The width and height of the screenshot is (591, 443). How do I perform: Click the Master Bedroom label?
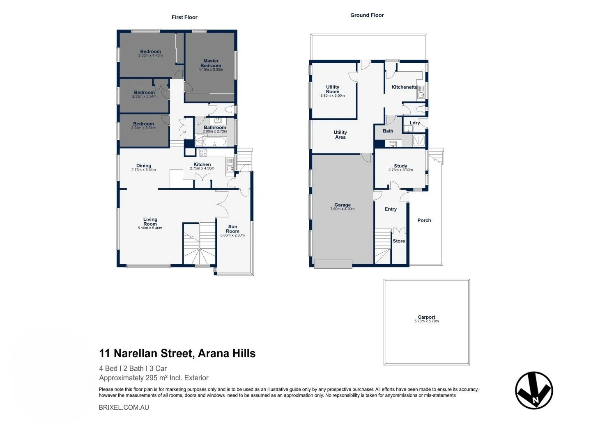(x=211, y=63)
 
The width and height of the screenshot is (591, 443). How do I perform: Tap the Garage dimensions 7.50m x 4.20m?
(x=342, y=209)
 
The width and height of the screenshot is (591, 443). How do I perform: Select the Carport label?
(x=426, y=317)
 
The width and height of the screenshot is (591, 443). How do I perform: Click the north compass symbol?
(x=534, y=390)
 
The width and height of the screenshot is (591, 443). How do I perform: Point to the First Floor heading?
(x=184, y=17)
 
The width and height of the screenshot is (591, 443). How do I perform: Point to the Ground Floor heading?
(x=367, y=15)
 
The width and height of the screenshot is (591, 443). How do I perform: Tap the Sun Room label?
(x=232, y=229)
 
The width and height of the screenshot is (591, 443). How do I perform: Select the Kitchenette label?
(x=404, y=87)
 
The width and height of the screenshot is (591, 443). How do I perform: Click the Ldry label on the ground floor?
(x=414, y=123)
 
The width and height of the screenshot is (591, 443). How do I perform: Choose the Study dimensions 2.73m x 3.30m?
(x=400, y=170)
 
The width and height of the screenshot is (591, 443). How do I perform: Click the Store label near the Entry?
(x=399, y=241)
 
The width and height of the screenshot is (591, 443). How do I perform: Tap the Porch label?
(x=424, y=220)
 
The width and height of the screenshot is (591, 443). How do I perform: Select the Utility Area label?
(x=340, y=135)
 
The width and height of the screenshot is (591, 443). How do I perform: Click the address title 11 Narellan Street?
(x=177, y=353)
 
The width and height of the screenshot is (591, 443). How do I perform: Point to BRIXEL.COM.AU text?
(x=124, y=407)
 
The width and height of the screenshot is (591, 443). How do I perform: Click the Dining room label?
(x=144, y=166)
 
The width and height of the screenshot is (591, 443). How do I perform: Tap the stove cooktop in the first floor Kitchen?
(x=204, y=153)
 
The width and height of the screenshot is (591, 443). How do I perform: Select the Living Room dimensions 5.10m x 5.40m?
(x=150, y=228)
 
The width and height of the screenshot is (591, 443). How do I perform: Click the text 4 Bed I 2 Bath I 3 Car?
(x=133, y=368)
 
